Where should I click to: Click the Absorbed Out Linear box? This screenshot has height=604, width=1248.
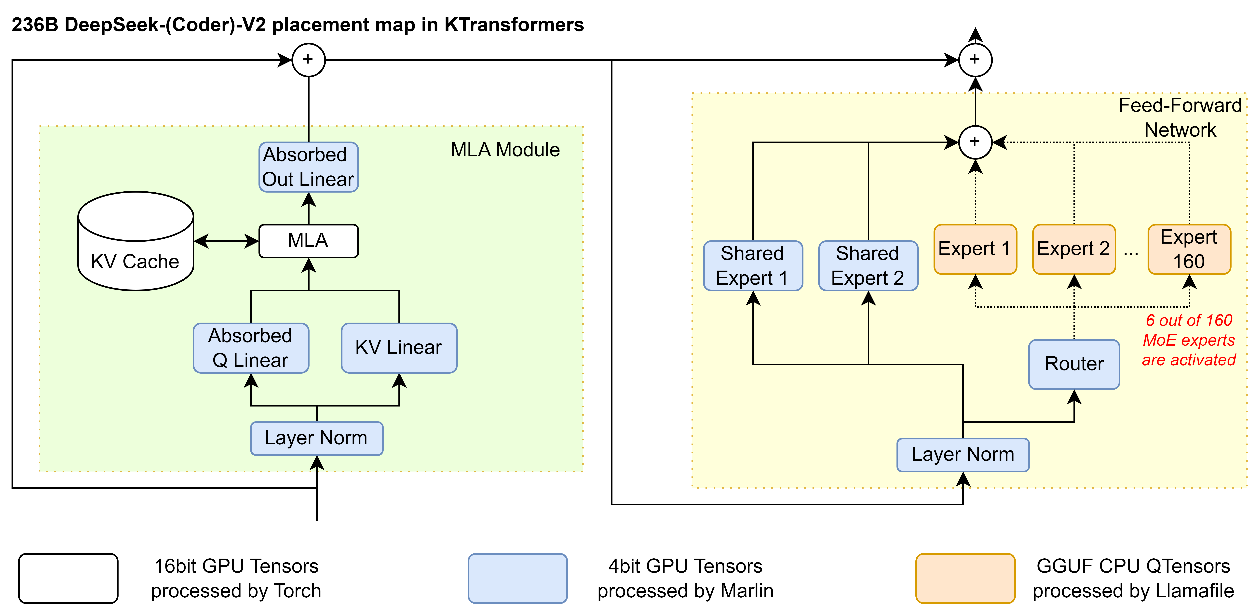309,167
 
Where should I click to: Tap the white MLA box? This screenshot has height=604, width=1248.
309,241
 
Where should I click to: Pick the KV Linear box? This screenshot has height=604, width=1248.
399,348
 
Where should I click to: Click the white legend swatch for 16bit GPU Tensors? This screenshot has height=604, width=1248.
68,578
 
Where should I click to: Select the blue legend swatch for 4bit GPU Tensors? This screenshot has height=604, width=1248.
517,578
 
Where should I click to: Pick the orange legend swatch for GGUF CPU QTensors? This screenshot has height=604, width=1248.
965,578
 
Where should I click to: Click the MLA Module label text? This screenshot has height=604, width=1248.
505,150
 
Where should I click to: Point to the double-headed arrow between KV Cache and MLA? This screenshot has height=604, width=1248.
226,241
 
